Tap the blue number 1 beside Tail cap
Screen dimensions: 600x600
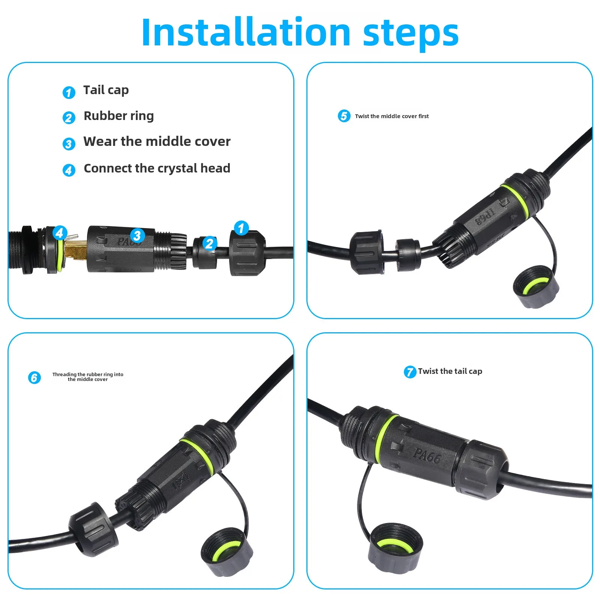coord(69,92)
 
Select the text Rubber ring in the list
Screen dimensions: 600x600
coord(118,116)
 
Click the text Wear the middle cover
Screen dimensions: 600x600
coord(157,141)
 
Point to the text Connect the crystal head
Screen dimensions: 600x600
coord(157,168)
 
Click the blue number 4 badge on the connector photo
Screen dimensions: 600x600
coord(60,233)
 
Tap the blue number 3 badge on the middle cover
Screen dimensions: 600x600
coord(137,235)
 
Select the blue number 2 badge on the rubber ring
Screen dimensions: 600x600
coord(210,243)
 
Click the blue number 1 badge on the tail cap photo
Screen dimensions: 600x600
coord(241,228)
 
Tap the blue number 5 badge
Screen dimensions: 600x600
coord(344,116)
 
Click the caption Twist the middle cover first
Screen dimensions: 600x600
coord(391,116)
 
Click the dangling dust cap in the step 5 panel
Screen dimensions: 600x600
coord(536,287)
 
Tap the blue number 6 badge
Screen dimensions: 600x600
coord(34,377)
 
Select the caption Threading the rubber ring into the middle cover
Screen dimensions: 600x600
coord(88,377)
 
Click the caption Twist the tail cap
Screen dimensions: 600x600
coord(450,371)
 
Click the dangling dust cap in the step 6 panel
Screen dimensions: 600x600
coord(226,551)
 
